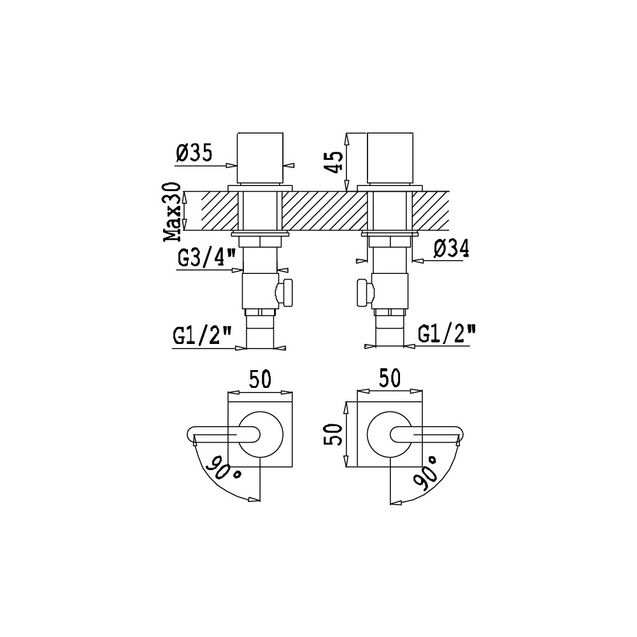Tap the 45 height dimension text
pyautogui.click(x=336, y=162)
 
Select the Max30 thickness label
pyautogui.click(x=172, y=211)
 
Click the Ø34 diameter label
pyautogui.click(x=452, y=248)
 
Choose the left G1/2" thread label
pyautogui.click(x=203, y=335)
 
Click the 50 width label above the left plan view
pyautogui.click(x=260, y=380)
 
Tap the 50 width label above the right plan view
pyautogui.click(x=390, y=378)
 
